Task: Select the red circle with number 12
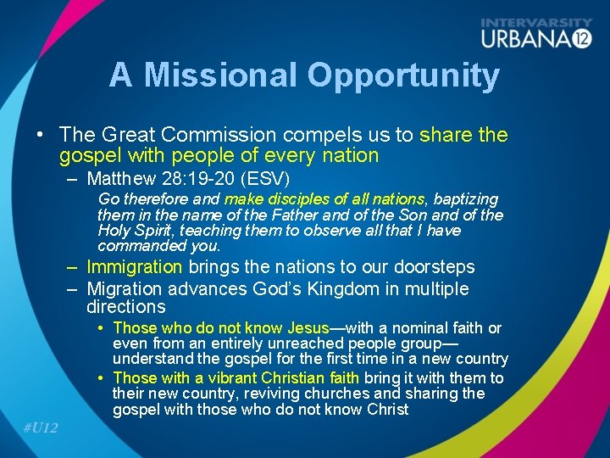579,38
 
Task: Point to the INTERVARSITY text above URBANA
536,22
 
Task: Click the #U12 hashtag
41,427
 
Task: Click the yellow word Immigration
134,266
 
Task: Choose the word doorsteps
434,266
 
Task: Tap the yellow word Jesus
308,327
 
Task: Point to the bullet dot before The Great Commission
40,135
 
